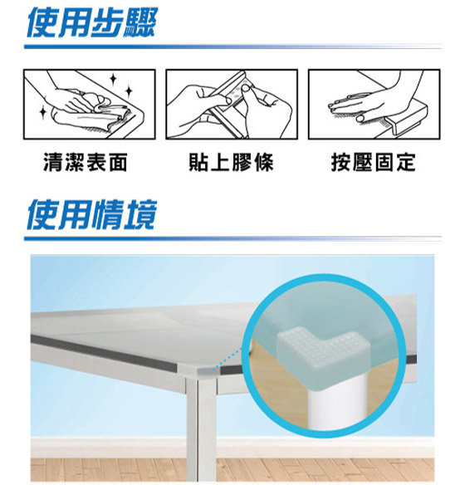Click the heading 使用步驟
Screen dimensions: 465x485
click(92, 22)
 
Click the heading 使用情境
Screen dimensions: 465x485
click(92, 214)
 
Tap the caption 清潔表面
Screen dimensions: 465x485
click(86, 162)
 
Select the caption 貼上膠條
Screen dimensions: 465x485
click(232, 162)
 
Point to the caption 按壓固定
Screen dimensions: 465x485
click(374, 162)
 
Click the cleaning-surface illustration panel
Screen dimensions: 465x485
click(90, 105)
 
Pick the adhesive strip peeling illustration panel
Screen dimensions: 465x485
click(232, 105)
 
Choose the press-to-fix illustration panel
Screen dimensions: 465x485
click(374, 105)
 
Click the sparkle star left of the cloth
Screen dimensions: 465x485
click(43, 112)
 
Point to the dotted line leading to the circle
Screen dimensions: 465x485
click(228, 359)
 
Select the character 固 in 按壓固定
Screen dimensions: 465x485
click(384, 162)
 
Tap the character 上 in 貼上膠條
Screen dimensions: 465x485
click(220, 162)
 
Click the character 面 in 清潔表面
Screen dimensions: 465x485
click(118, 162)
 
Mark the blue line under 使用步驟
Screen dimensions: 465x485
click(232, 47)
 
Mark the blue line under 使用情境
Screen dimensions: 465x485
click(232, 238)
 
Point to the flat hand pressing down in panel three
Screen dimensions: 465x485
click(359, 104)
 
